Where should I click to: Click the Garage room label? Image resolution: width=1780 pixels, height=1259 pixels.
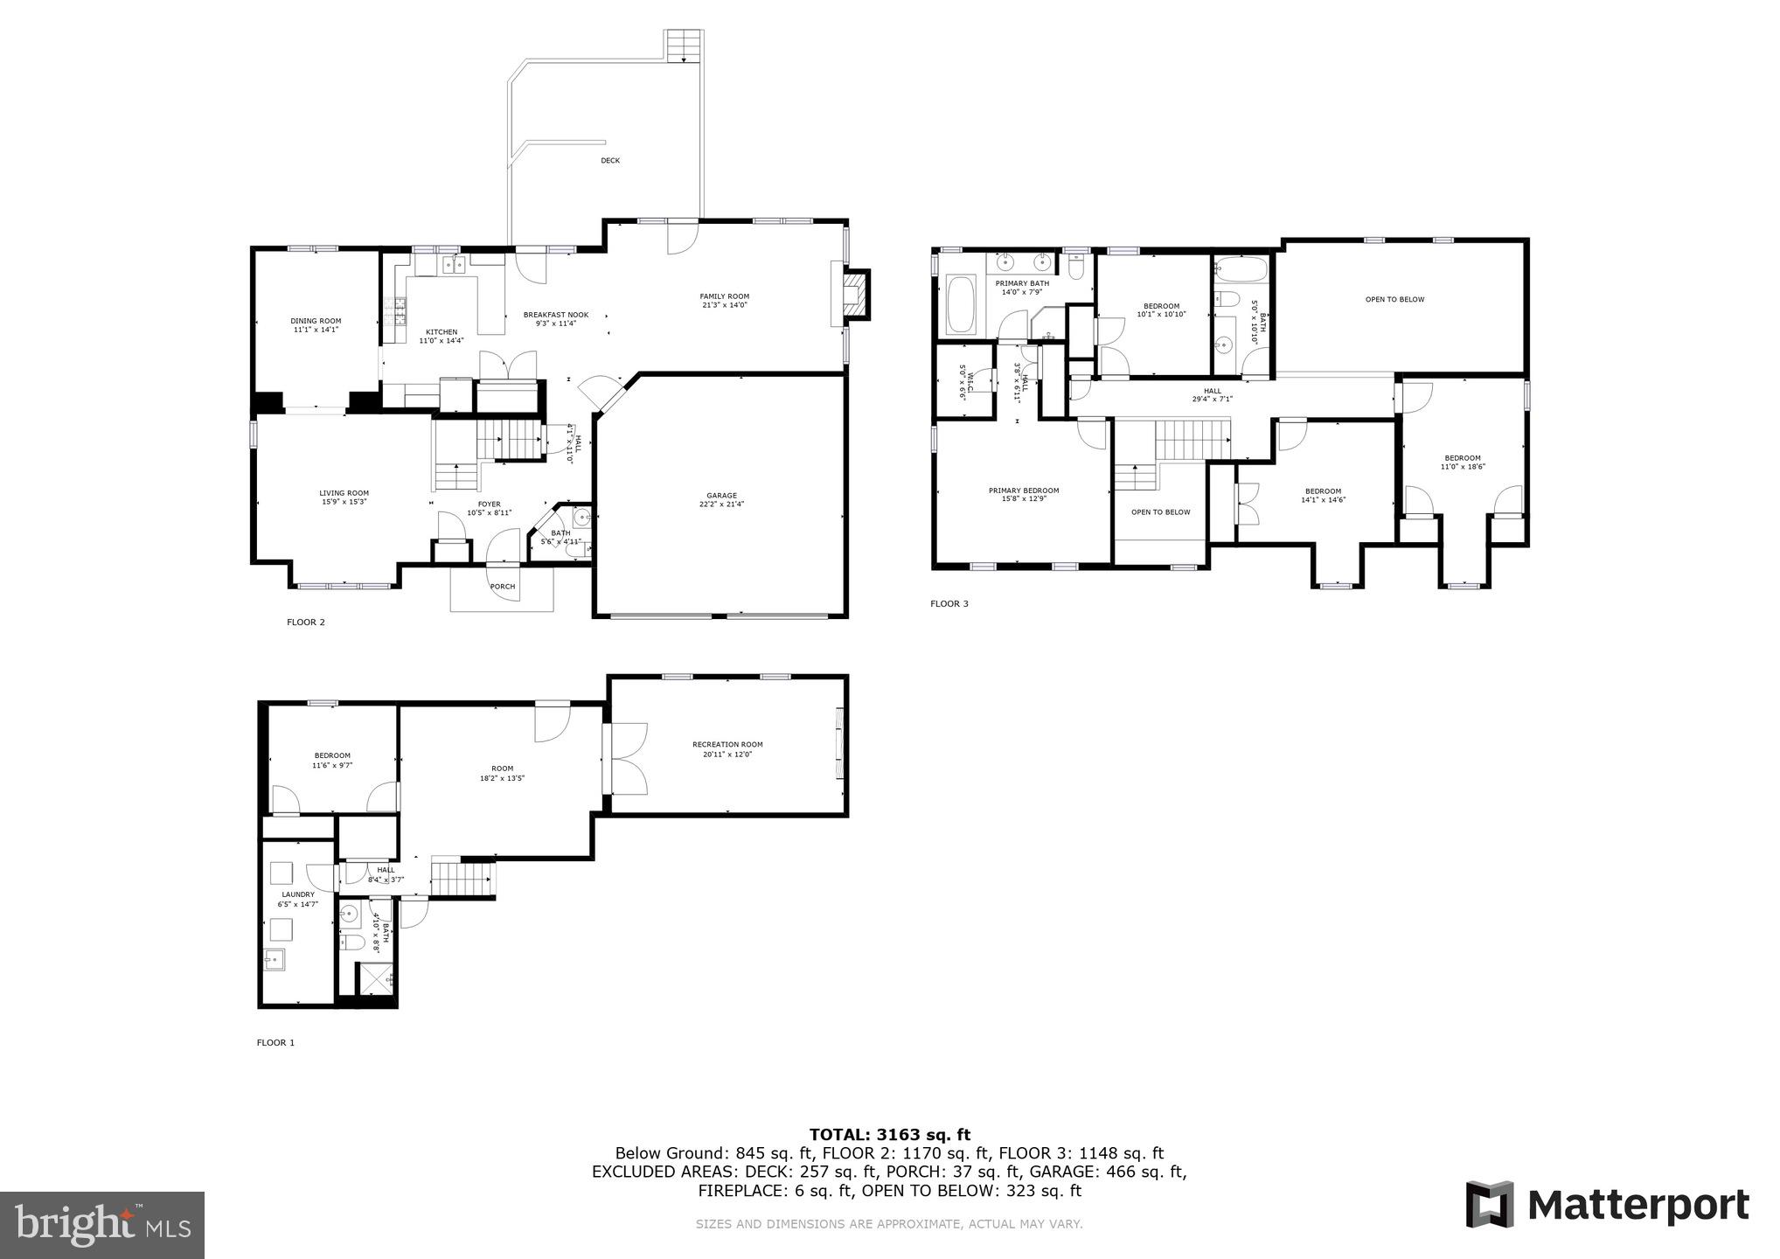point(722,499)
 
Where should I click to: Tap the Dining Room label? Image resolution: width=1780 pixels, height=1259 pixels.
point(316,325)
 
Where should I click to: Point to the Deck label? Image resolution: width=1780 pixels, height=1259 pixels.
point(610,161)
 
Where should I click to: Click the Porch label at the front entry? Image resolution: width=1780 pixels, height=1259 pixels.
point(503,587)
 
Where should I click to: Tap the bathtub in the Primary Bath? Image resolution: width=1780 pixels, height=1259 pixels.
point(961,303)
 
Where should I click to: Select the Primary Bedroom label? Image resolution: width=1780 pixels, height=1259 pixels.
point(1024,494)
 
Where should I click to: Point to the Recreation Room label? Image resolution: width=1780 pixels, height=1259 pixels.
point(727,748)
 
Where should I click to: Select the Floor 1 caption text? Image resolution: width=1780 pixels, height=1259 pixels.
point(275,1042)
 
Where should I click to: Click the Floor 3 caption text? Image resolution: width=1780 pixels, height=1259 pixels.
point(949,603)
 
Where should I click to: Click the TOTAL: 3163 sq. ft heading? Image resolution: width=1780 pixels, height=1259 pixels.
point(889,1135)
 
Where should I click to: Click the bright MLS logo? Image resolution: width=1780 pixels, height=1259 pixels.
point(101,1225)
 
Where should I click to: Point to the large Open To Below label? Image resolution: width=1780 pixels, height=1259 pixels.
point(1394,299)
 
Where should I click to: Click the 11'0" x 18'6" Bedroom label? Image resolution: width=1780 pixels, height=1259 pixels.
point(1462,463)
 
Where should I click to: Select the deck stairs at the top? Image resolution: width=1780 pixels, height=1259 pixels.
point(685,45)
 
